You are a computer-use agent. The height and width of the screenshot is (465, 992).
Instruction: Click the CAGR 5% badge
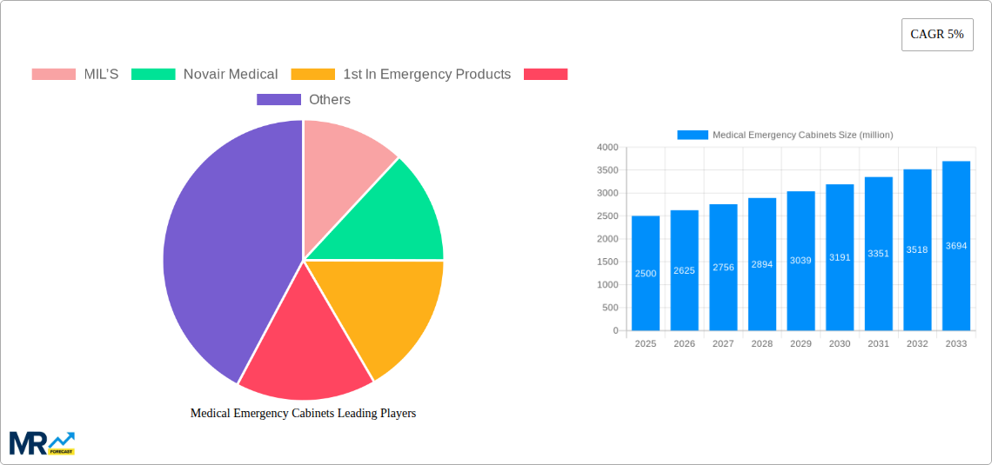point(936,35)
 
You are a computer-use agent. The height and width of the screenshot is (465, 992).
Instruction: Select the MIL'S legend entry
point(75,74)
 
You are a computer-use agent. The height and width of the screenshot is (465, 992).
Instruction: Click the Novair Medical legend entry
point(204,74)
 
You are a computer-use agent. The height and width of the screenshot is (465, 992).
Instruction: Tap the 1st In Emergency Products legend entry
point(400,74)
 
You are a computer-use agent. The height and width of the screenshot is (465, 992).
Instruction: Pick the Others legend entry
point(304,99)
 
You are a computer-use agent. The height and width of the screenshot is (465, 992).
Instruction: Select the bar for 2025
point(646,273)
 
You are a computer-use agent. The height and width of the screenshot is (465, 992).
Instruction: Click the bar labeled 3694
point(955,246)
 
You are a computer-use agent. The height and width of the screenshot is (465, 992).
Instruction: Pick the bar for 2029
point(801,261)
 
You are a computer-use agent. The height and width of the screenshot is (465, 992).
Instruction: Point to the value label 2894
point(761,263)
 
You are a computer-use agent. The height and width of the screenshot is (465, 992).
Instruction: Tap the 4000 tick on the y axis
point(607,148)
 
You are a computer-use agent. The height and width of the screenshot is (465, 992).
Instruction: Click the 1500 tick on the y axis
point(607,262)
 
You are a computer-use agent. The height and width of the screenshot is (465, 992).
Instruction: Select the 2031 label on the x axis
point(878,343)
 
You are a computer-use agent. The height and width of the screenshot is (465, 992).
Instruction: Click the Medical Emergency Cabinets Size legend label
point(801,135)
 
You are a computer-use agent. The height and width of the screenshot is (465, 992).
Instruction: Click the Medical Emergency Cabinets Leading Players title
point(303,413)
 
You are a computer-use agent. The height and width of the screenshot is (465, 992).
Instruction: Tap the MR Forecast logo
point(42,442)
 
